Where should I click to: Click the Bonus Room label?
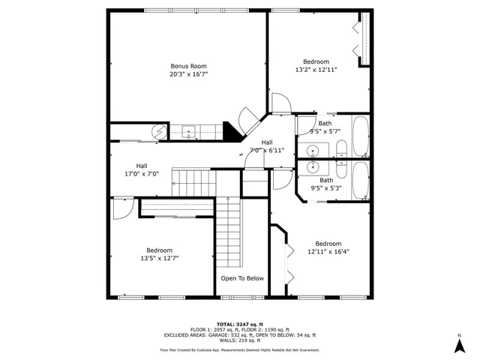click(188, 66)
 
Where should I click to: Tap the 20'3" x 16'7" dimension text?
click(188, 74)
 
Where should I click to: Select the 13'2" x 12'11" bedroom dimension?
click(316, 70)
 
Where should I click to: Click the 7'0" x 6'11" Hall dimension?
click(266, 150)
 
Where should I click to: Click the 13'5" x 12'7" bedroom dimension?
click(159, 258)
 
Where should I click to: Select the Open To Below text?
click(242, 278)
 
